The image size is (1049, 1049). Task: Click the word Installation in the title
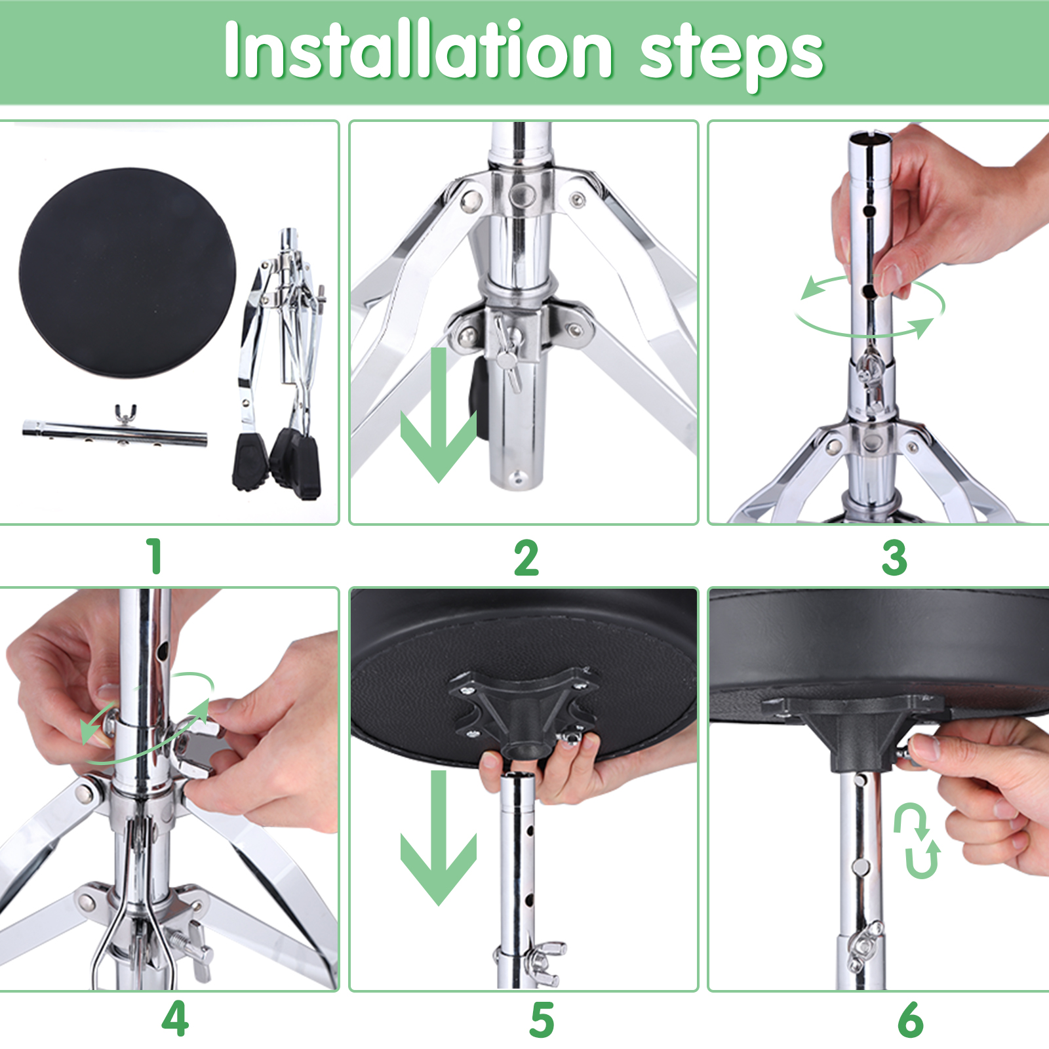[419, 50]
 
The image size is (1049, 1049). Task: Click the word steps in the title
[731, 55]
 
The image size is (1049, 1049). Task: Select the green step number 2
[526, 558]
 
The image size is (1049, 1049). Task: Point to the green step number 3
[894, 558]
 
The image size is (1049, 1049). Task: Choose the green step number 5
[542, 1019]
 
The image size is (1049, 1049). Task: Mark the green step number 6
[911, 1019]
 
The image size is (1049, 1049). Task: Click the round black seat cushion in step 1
[127, 272]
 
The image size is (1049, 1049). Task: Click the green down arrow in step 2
[439, 415]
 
